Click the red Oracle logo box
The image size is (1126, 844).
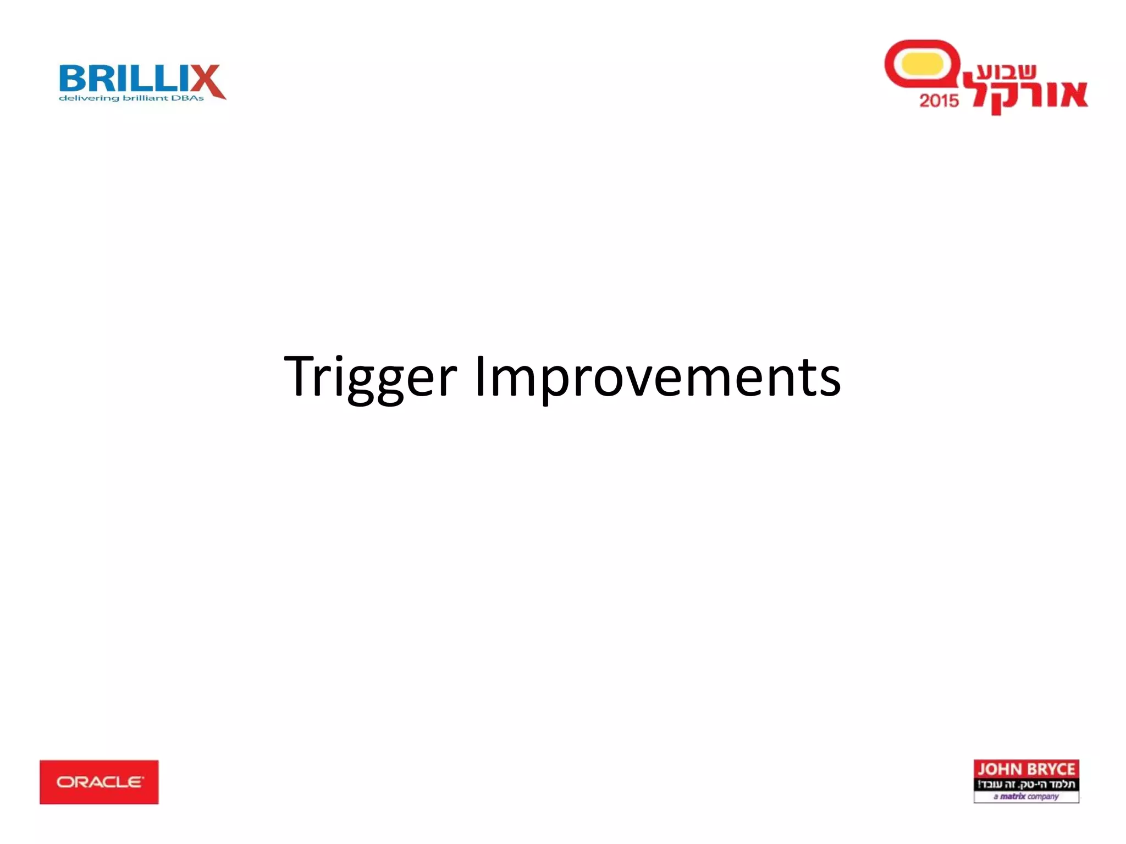[99, 782]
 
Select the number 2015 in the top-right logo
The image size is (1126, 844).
[939, 101]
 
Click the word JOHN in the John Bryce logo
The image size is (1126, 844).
[998, 769]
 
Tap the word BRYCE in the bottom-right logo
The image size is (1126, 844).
[1049, 769]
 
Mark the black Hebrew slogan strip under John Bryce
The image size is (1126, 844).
[1026, 784]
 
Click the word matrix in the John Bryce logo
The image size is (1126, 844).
[1012, 796]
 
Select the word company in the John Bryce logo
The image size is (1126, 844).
[1042, 796]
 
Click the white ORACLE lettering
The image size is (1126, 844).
[100, 782]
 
